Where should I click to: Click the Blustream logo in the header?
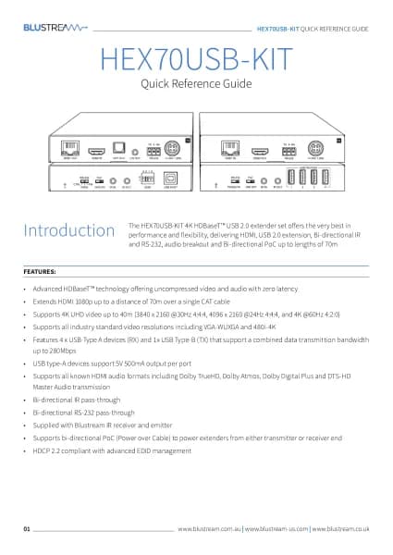click(x=54, y=29)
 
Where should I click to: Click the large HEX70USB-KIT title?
click(x=196, y=59)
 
